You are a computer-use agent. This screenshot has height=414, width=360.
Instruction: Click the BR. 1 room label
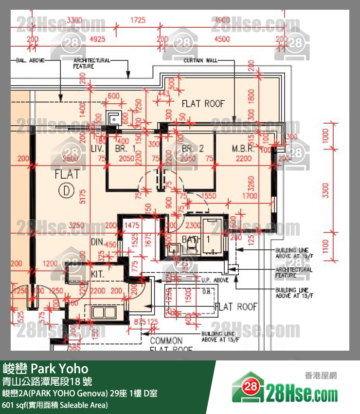125,149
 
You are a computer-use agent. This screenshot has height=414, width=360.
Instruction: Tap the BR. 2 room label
193,149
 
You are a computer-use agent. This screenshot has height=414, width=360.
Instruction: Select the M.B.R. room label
243,149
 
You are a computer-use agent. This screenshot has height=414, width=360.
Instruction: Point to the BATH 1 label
196,239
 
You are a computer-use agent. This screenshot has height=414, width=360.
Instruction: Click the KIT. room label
98,274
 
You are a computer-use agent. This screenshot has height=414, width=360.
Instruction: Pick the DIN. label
98,242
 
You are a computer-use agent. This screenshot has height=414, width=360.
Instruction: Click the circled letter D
66,190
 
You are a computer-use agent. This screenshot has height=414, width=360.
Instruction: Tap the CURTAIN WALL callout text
200,60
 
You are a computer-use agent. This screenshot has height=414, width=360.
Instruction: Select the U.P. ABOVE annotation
215,281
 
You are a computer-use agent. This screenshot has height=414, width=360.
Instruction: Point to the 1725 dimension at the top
138,20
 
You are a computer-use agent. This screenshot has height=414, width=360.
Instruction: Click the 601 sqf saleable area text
55,405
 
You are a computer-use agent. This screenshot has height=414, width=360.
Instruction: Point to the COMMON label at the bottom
166,340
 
